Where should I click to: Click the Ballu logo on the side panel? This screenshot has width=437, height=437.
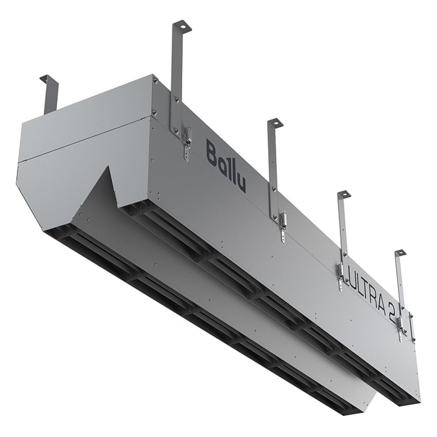tap(226, 166)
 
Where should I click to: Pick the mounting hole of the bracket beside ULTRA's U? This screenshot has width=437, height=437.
tap(344, 194)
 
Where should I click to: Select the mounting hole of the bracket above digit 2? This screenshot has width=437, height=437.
tap(400, 253)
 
